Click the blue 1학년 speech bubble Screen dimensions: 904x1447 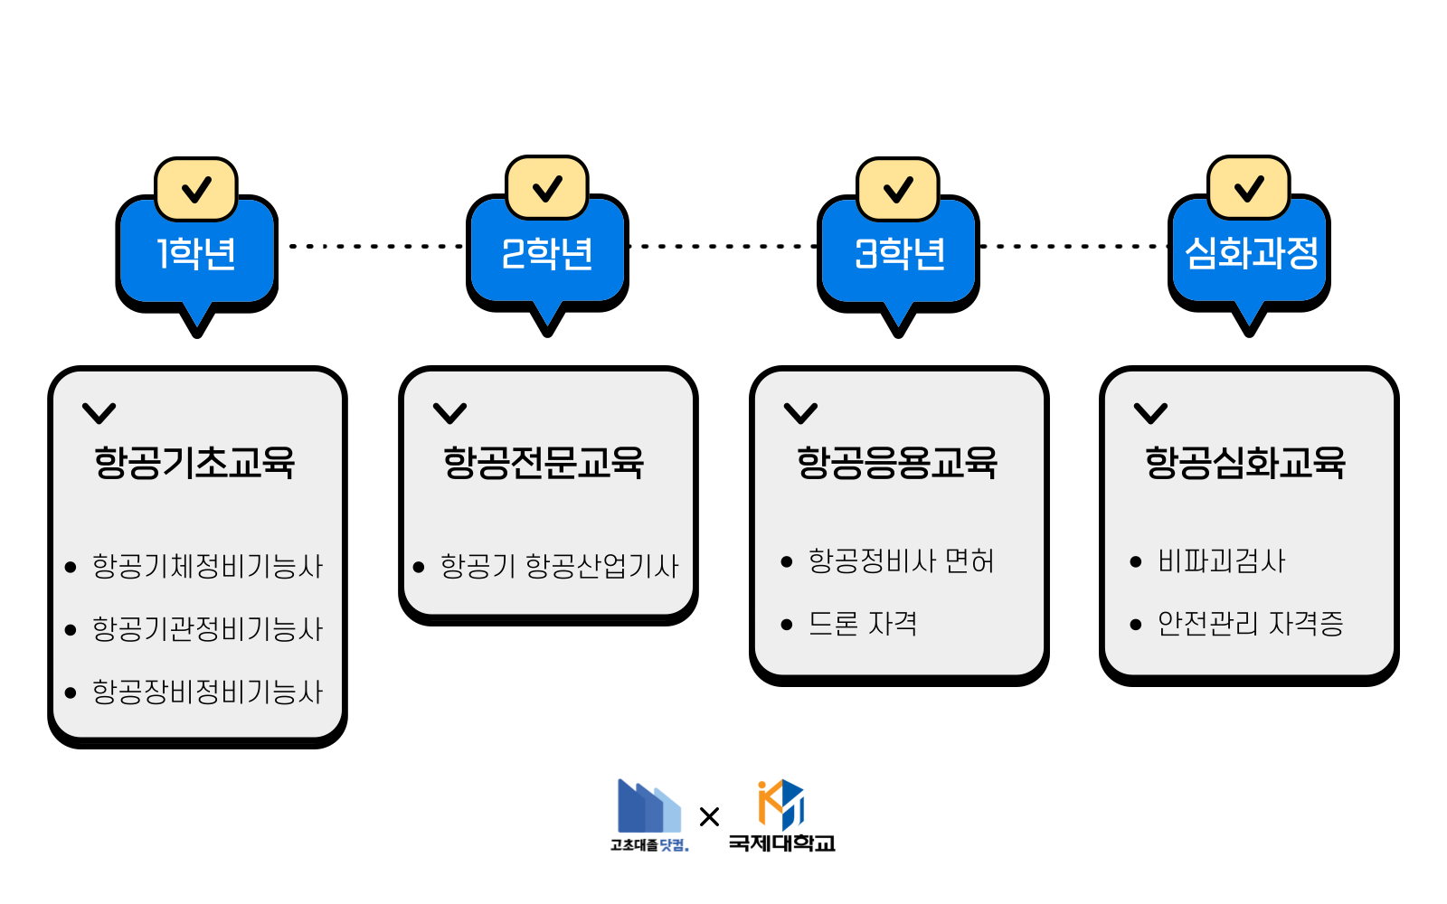[x=196, y=254]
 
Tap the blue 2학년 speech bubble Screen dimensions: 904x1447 [x=547, y=254]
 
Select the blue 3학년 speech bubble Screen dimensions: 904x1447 [x=898, y=254]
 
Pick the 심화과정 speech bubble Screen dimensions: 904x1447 [x=1250, y=254]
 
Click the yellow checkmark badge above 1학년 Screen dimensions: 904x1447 [x=196, y=189]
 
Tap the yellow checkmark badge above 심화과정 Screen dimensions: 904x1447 [x=1249, y=188]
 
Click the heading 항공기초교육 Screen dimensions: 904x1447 [x=194, y=462]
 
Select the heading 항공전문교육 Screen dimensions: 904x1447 [x=544, y=462]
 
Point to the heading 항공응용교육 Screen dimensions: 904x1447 [x=896, y=462]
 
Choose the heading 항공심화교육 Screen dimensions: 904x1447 [x=1245, y=462]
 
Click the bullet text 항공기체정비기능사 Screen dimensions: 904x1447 [x=207, y=566]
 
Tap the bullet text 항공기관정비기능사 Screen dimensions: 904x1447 [x=207, y=629]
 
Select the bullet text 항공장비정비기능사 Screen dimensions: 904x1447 [x=207, y=692]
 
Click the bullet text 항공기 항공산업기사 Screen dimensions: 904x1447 [x=558, y=566]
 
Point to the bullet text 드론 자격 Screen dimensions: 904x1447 [x=862, y=623]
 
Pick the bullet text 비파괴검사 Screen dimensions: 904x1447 [x=1221, y=560]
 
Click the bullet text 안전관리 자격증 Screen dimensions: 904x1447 [x=1250, y=623]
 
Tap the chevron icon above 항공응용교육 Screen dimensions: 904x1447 [x=800, y=413]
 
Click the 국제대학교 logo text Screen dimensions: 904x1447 [x=781, y=843]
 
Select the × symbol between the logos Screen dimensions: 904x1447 [x=709, y=817]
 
